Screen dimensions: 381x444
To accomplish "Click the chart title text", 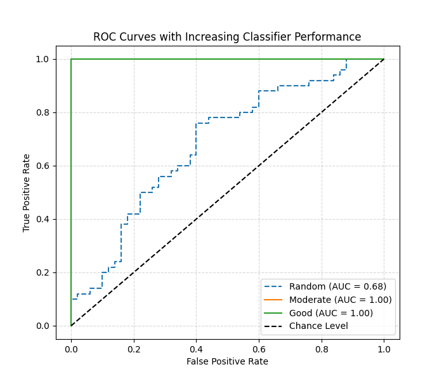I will click(227, 37).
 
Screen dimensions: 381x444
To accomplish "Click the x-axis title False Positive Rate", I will click(227, 361).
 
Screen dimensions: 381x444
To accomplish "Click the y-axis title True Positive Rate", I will click(27, 192).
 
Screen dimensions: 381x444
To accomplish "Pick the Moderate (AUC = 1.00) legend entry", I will click(340, 300).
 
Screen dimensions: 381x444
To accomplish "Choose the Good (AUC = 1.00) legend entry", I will click(330, 313).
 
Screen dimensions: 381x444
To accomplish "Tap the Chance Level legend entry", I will click(318, 326).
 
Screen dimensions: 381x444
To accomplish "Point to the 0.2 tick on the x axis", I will click(134, 348).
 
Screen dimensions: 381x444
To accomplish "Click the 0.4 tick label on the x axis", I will click(196, 348).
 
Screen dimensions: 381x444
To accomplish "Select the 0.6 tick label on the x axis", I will click(259, 348).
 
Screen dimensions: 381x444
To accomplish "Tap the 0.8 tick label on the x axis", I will click(322, 348).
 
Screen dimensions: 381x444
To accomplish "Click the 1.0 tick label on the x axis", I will click(384, 348).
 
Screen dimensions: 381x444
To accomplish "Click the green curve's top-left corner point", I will click(71, 59).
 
